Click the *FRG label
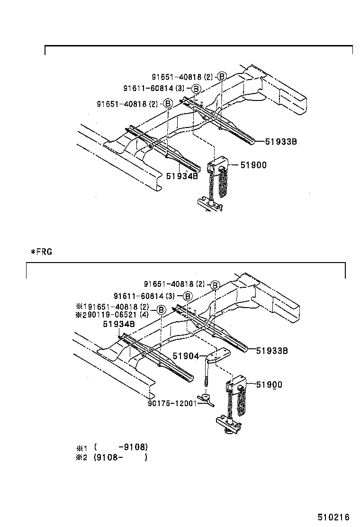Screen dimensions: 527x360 41,252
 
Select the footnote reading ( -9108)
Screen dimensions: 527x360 121,447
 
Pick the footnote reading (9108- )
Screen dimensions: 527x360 121,457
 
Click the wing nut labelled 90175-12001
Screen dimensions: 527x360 206,400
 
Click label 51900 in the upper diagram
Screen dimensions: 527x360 253,165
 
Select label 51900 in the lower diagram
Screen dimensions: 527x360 269,385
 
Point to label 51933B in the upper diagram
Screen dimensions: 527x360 281,141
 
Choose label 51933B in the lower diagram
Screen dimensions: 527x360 273,351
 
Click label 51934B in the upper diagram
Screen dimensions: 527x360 182,176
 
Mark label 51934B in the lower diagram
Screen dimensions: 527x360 119,324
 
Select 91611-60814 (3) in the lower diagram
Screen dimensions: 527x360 144,296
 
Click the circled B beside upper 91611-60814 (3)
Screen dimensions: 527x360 196,89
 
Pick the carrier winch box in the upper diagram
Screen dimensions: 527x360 217,168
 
